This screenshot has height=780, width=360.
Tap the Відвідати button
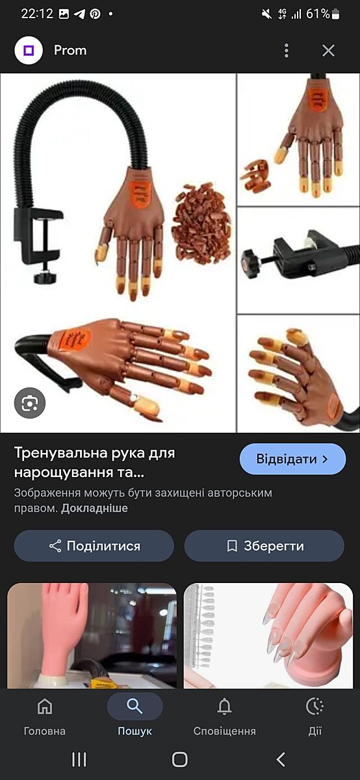pyautogui.click(x=293, y=459)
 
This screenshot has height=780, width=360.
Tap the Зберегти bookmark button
pyautogui.click(x=264, y=545)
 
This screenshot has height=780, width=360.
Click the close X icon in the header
pyautogui.click(x=328, y=51)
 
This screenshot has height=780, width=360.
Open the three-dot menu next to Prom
pyautogui.click(x=286, y=51)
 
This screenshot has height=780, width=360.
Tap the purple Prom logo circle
pyautogui.click(x=29, y=51)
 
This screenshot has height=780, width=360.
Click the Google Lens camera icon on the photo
pyautogui.click(x=30, y=403)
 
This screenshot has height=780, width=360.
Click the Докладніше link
pyautogui.click(x=94, y=508)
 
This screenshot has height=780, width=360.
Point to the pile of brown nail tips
pyautogui.click(x=201, y=222)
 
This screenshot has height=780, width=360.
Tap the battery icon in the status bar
pyautogui.click(x=336, y=14)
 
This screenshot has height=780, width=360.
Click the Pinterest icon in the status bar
pyautogui.click(x=95, y=14)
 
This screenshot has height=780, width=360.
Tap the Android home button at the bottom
pyautogui.click(x=179, y=759)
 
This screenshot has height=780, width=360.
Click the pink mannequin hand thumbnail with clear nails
pyautogui.click(x=268, y=636)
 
